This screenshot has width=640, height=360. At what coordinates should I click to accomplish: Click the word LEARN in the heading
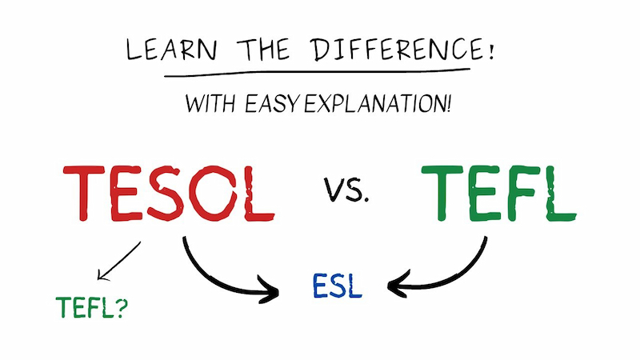click(x=171, y=50)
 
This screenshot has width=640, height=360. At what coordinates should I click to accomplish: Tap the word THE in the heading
click(x=263, y=49)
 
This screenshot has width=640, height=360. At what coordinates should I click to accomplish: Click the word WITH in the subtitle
click(x=210, y=103)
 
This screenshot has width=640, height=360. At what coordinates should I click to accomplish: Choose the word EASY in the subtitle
click(x=272, y=103)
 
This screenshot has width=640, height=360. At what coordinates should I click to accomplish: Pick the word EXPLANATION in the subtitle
click(x=378, y=103)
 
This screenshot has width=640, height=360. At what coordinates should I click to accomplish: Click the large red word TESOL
click(x=169, y=194)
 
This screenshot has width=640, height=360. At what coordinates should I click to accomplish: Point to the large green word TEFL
click(x=498, y=194)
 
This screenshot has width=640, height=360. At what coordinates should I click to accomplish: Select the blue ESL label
click(x=337, y=286)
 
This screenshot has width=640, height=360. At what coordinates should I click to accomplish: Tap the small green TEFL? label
click(x=91, y=307)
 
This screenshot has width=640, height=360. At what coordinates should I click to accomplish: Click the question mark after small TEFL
click(x=122, y=307)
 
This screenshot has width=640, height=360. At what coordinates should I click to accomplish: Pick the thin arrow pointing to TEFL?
click(x=118, y=262)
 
